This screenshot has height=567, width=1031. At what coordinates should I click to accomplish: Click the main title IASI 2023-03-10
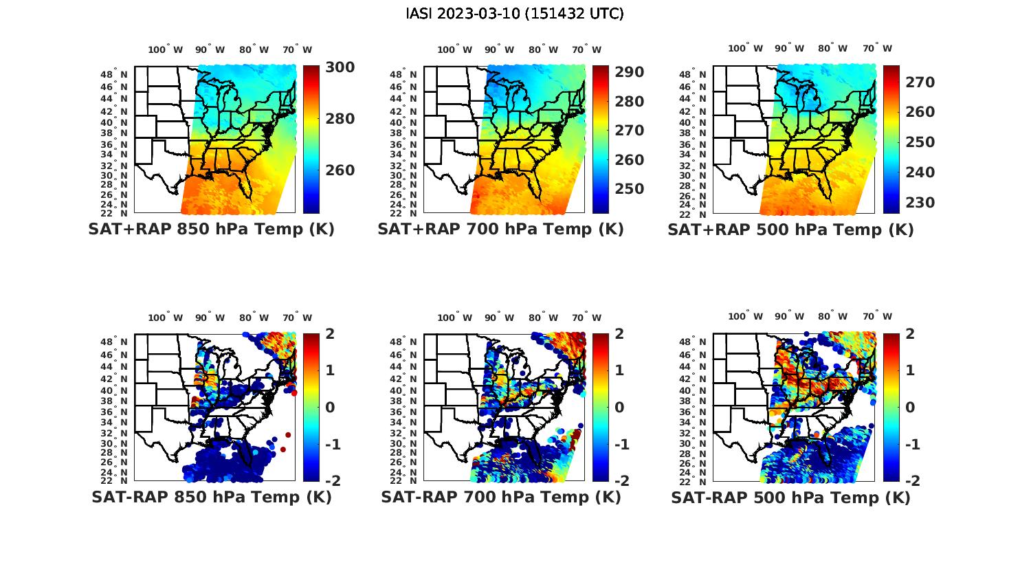[515, 14]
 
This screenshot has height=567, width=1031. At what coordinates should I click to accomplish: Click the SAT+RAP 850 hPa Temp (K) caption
[211, 230]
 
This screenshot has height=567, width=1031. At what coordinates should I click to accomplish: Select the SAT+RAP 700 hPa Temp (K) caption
[500, 230]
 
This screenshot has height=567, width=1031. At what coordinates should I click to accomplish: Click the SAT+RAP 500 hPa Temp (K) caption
[790, 230]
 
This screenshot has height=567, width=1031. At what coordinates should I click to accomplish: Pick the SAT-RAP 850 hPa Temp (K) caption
[211, 497]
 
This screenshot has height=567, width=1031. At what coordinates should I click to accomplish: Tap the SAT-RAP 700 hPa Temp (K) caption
[500, 497]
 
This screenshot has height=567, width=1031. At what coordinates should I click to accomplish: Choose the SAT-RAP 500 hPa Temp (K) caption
[790, 497]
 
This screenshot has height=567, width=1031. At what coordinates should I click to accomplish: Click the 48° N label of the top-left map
[114, 74]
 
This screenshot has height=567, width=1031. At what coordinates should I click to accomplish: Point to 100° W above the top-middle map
[454, 49]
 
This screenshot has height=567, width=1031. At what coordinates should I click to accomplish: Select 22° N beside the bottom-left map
[114, 480]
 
